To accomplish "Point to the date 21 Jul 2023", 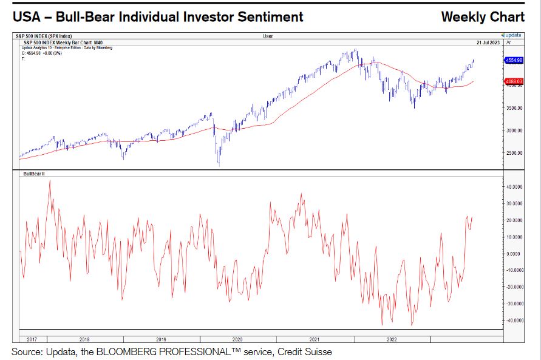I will point(488,42).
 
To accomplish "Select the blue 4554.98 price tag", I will point(513,61).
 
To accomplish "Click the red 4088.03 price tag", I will point(513,81).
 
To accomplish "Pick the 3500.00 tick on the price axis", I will point(514,108).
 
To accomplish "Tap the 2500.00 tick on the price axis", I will point(514,152).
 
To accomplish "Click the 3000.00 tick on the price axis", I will point(514,131).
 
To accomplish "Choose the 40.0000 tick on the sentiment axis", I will point(514,187).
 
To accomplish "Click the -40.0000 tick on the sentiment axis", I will point(514,320).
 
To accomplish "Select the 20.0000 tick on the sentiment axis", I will point(514,220).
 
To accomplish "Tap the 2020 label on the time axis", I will point(237,339).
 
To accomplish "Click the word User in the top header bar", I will point(268,36).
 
